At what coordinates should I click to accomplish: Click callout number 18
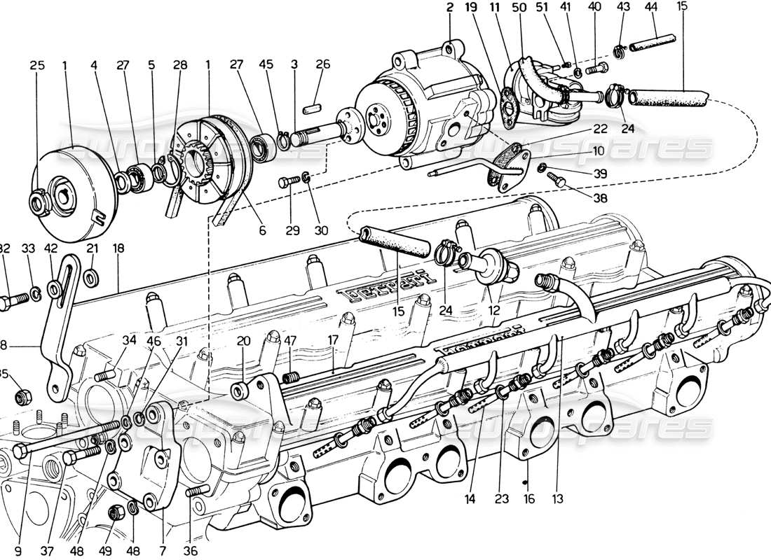click(x=118, y=248)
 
